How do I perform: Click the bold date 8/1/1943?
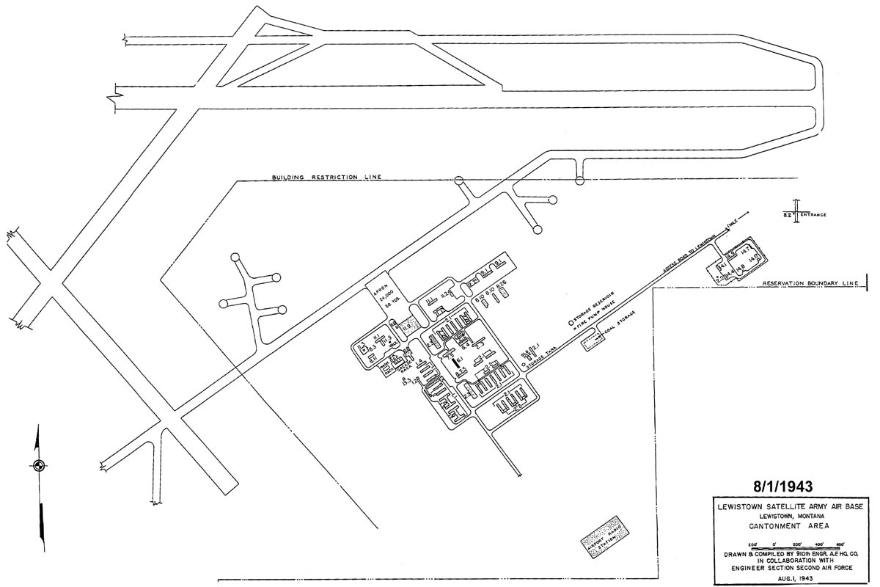point(782,486)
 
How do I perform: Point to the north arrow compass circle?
point(39,464)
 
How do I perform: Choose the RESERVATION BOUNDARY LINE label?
point(810,283)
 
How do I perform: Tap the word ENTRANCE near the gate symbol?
point(813,215)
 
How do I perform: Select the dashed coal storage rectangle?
point(590,341)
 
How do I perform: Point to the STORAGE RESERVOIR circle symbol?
point(570,322)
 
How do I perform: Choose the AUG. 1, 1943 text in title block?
point(782,577)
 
